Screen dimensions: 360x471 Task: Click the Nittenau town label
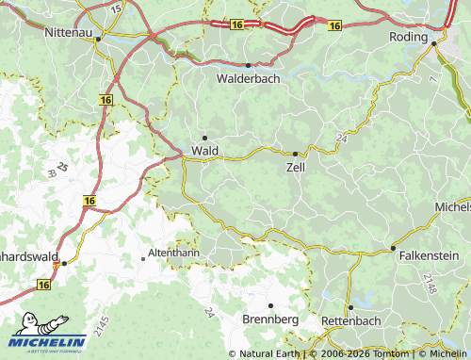(72, 33)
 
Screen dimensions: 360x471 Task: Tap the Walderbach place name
(248, 79)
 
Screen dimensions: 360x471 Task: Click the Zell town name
(295, 167)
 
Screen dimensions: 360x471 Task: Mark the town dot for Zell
(295, 154)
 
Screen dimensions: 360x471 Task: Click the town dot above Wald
(204, 138)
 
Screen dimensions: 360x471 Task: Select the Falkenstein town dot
(393, 248)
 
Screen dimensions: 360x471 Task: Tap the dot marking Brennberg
(270, 306)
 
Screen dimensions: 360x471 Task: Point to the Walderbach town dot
(248, 65)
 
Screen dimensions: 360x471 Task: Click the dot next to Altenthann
(143, 256)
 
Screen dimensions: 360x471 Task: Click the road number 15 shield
(115, 7)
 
